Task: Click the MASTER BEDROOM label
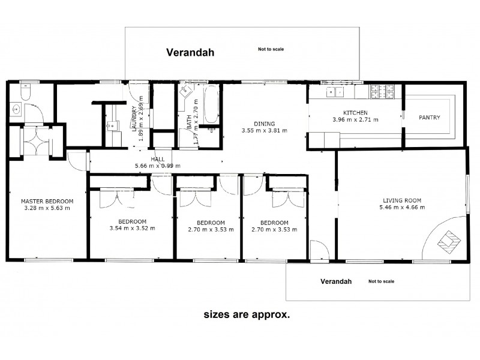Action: coord(47,202)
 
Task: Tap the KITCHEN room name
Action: coord(355,113)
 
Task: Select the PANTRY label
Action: coord(430,117)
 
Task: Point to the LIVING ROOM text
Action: coord(402,200)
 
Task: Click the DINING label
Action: coord(265,124)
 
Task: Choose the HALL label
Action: coord(158,159)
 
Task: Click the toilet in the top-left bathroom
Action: coord(25,92)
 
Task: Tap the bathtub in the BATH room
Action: coord(212,104)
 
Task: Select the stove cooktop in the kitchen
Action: coord(382,92)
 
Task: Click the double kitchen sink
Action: coord(335,92)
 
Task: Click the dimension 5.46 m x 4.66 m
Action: coord(402,207)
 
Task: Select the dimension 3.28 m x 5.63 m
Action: coord(47,208)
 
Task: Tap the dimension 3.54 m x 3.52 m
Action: coord(132,229)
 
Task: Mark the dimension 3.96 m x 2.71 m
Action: coord(355,119)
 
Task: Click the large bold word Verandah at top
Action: coord(190,52)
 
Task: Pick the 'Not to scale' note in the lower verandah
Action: coord(382,281)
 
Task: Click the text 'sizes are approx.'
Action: coord(247,314)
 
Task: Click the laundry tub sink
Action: coord(113,126)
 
